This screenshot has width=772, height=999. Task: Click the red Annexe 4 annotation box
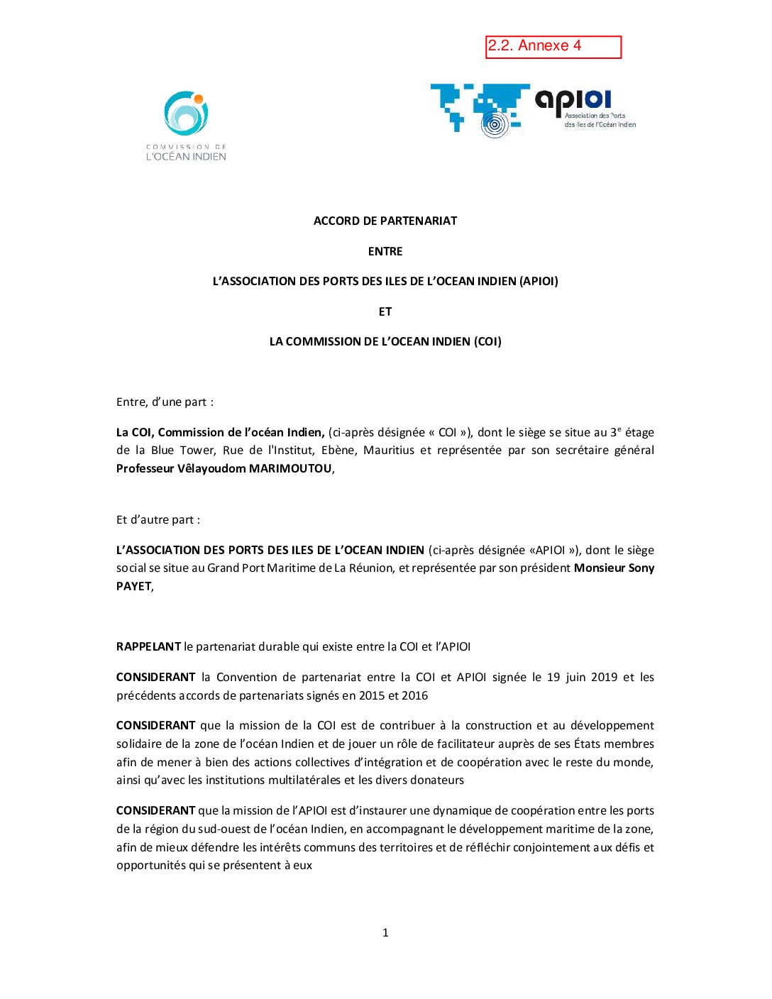pos(553,47)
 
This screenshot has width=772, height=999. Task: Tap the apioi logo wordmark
pos(573,101)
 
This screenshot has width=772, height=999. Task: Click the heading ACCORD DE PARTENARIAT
pos(385,221)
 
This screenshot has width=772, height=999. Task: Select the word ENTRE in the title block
pos(385,251)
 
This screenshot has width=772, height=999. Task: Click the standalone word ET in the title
pos(385,311)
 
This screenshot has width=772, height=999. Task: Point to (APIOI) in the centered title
pos(539,281)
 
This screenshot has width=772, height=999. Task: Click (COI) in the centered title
pos(487,341)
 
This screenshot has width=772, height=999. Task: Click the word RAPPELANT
pos(148,646)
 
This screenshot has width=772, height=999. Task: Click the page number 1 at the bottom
pos(385,932)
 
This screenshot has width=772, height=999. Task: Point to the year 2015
pos(373,695)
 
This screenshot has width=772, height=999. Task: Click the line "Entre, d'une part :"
pos(165,402)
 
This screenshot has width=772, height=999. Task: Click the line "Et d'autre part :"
pos(158,519)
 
